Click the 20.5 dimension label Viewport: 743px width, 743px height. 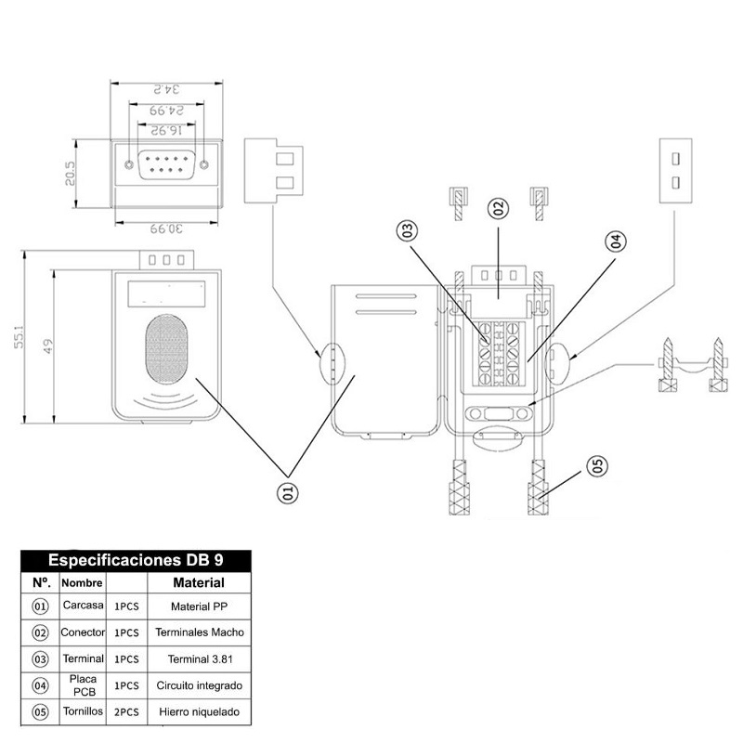tap(70, 175)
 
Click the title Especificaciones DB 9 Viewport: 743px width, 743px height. tap(135, 561)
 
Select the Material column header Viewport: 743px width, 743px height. tap(199, 583)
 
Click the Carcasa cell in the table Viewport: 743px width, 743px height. tap(83, 606)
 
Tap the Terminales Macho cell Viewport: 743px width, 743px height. tap(200, 632)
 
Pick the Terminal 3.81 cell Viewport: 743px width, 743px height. tap(200, 659)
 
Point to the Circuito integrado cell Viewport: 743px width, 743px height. tap(200, 686)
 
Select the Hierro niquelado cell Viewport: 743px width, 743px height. tap(200, 713)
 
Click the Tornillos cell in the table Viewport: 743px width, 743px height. tap(83, 712)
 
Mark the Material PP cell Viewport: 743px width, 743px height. tap(200, 606)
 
